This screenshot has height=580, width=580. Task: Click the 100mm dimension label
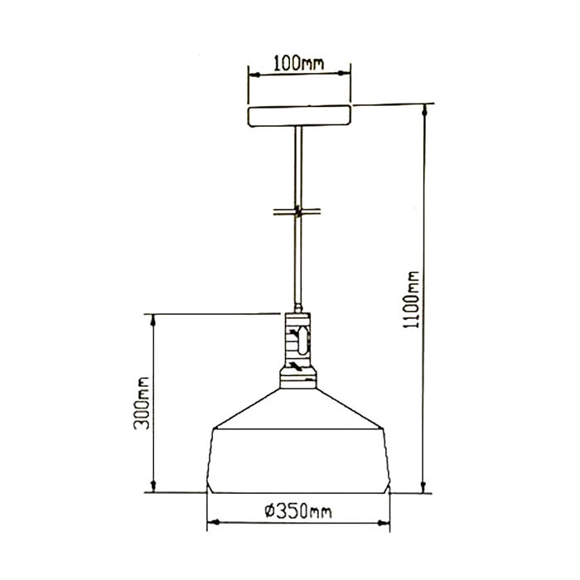coord(298,63)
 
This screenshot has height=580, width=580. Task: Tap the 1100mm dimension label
coord(412,300)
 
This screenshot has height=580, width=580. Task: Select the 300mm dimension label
coord(142,404)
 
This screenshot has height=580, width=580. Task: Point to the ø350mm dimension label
coord(298,511)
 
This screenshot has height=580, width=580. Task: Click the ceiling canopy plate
coord(298,116)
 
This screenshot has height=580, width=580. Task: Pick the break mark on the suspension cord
coord(297,211)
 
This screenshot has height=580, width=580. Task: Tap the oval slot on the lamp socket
coord(304,340)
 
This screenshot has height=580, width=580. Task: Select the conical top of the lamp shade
coord(298,408)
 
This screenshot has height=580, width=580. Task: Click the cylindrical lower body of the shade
coord(298,461)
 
